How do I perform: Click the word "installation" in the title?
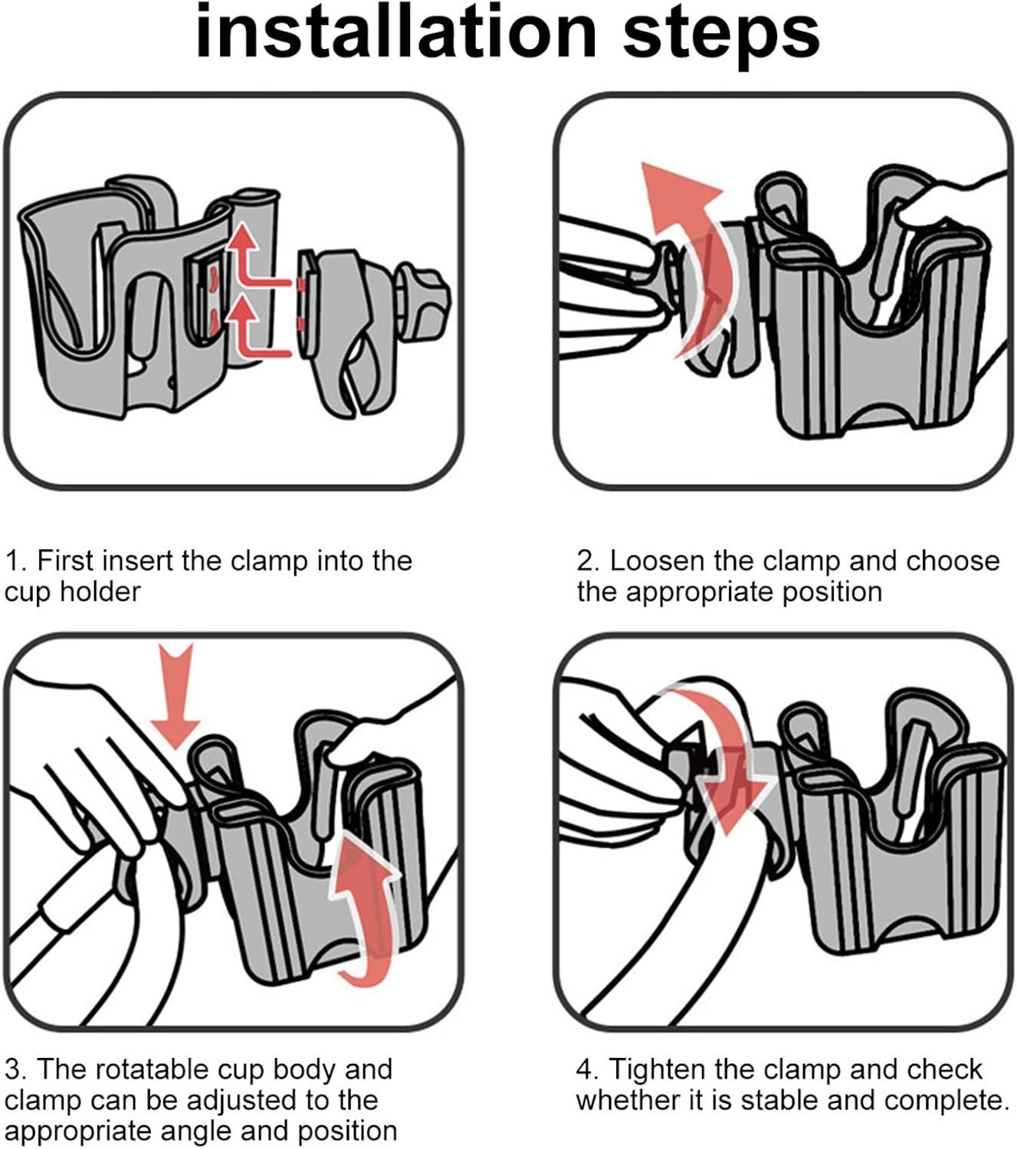pyautogui.click(x=395, y=32)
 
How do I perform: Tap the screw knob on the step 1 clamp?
pyautogui.click(x=425, y=300)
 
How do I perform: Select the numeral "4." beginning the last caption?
pyautogui.click(x=587, y=1070)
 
